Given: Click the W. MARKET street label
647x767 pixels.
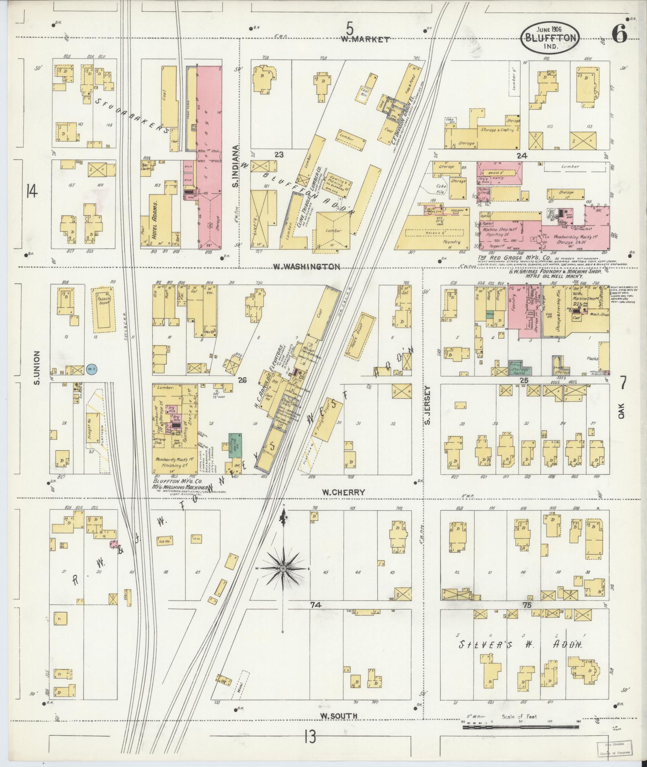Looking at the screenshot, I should [x=365, y=39].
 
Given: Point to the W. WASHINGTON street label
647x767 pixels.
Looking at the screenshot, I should [x=306, y=267].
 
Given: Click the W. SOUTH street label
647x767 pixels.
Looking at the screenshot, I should [x=339, y=716].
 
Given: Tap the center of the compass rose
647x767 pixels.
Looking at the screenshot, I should [x=283, y=569].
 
